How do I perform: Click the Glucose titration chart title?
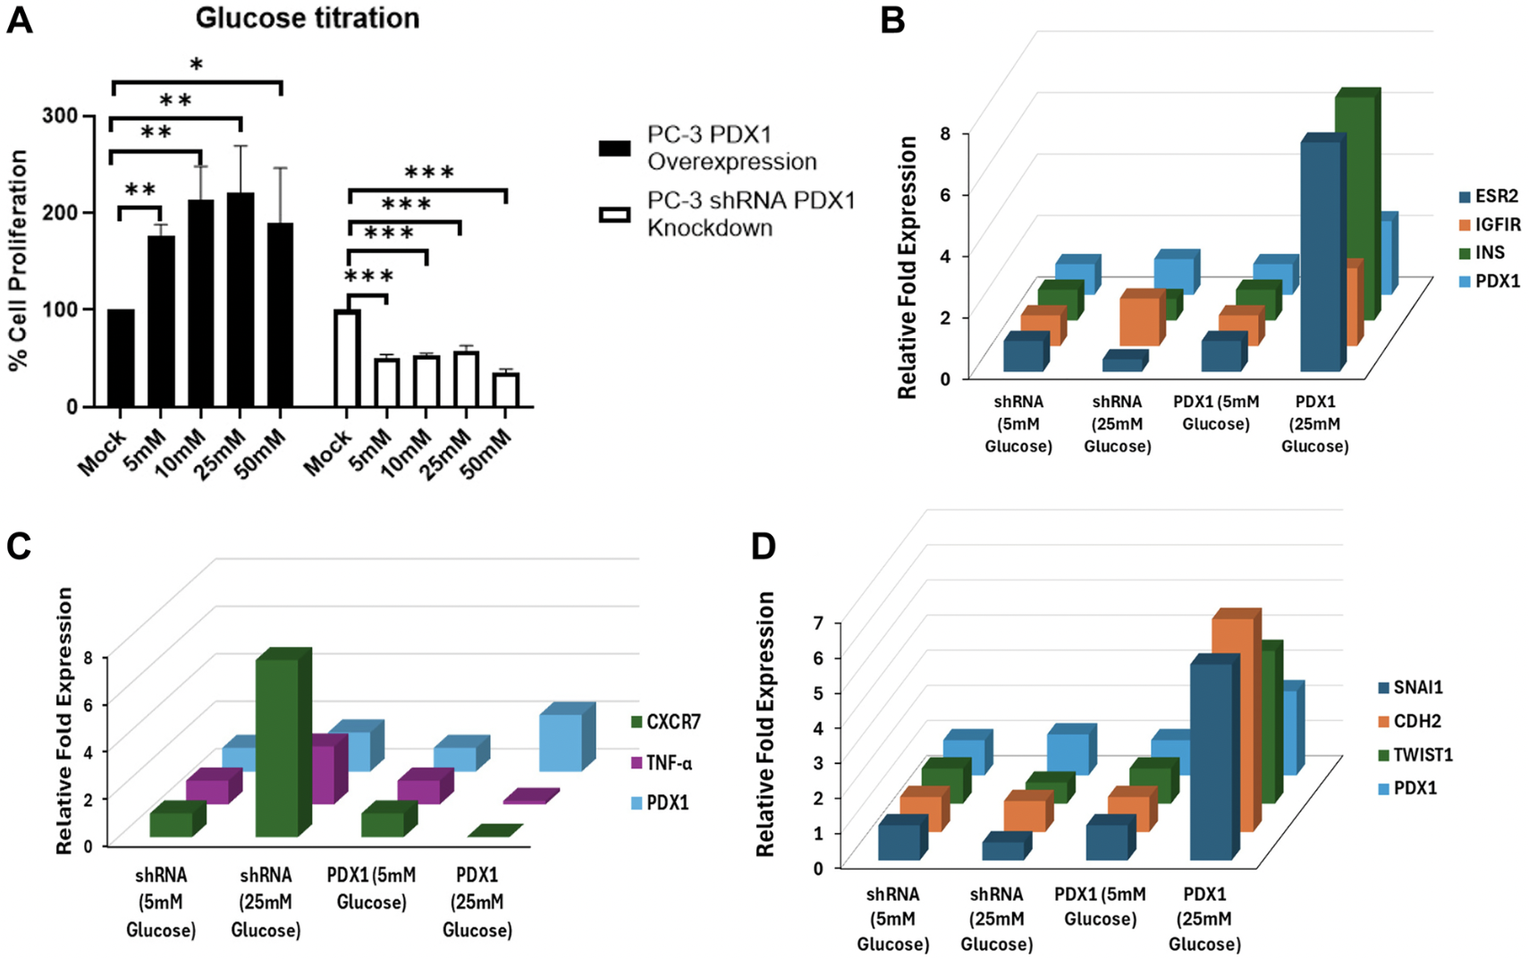pyautogui.click(x=307, y=18)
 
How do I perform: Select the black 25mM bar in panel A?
pyautogui.click(x=241, y=300)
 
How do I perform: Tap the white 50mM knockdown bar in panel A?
pyautogui.click(x=506, y=390)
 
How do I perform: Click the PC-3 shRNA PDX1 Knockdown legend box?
pyautogui.click(x=614, y=215)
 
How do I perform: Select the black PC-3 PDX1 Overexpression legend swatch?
pyautogui.click(x=614, y=149)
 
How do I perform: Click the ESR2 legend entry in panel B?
pyautogui.click(x=1488, y=196)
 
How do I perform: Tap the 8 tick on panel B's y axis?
pyautogui.click(x=945, y=134)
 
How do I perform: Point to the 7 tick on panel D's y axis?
pyautogui.click(x=817, y=622)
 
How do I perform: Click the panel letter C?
pyautogui.click(x=19, y=546)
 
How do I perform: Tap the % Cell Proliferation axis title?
pyautogui.click(x=18, y=259)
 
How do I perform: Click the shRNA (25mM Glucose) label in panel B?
pyautogui.click(x=1117, y=424)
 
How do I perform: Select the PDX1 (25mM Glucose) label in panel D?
pyautogui.click(x=1204, y=919)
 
